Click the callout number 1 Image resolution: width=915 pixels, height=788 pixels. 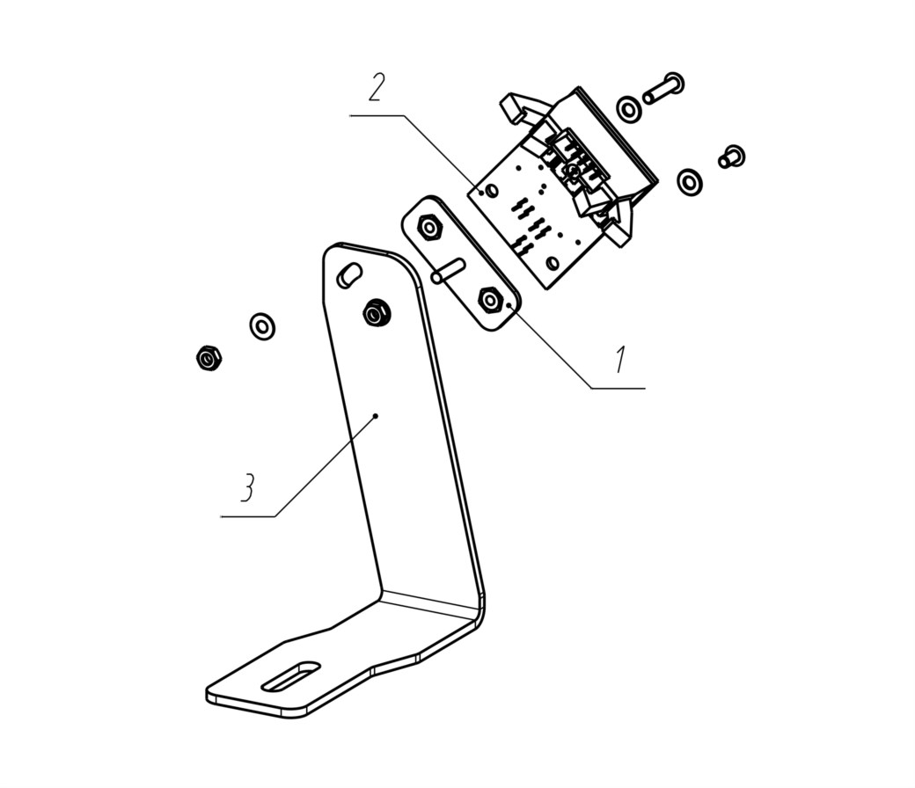pyautogui.click(x=621, y=360)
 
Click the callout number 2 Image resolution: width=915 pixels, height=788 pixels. pyautogui.click(x=377, y=88)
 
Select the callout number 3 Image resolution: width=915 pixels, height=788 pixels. pyautogui.click(x=248, y=487)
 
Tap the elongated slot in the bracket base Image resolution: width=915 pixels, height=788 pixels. pyautogui.click(x=292, y=677)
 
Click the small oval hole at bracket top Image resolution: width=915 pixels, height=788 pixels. pyautogui.click(x=349, y=274)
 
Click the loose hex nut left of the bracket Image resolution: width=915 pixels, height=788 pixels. pyautogui.click(x=209, y=358)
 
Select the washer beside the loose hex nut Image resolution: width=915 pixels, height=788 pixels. pyautogui.click(x=262, y=326)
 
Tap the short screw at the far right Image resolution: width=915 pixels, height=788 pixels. pyautogui.click(x=732, y=157)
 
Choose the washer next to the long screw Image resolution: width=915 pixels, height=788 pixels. pyautogui.click(x=628, y=108)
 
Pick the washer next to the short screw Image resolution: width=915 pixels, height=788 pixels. pyautogui.click(x=690, y=182)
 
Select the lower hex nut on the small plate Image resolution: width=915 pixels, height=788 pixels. pyautogui.click(x=490, y=301)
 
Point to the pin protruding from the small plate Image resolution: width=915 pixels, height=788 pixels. pyautogui.click(x=448, y=272)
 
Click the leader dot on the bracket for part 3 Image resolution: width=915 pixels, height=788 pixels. pyautogui.click(x=377, y=416)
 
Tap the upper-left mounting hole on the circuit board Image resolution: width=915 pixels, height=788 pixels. pyautogui.click(x=491, y=190)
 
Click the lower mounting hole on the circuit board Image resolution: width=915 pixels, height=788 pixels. pyautogui.click(x=552, y=262)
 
